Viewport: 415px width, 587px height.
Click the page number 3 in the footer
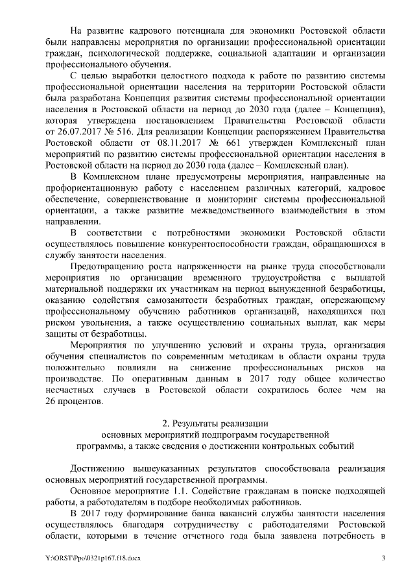383,558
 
